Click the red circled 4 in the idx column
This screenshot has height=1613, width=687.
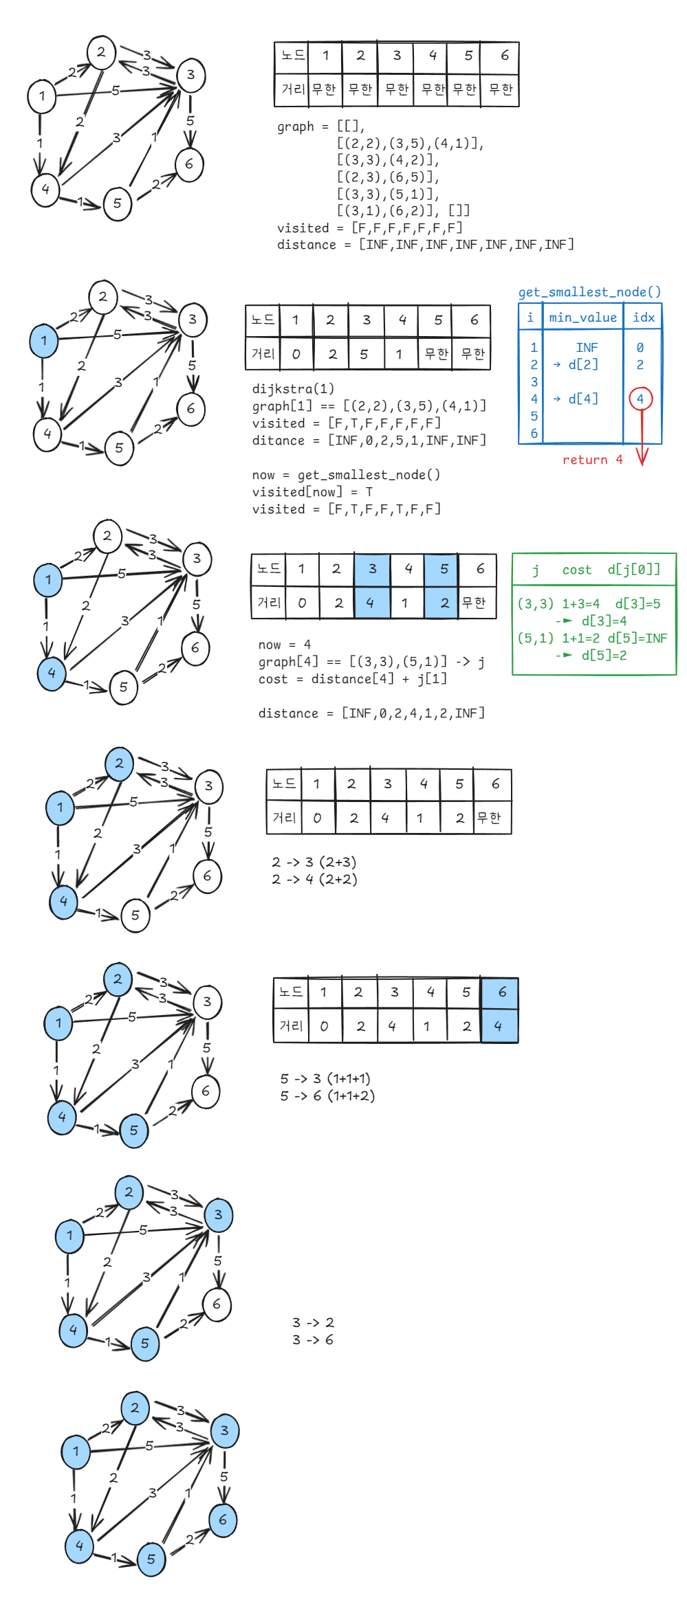[640, 399]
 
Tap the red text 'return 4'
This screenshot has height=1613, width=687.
[592, 460]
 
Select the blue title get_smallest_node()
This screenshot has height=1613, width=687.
[589, 292]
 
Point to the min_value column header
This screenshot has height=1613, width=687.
[582, 318]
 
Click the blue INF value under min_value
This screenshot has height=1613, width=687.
[587, 348]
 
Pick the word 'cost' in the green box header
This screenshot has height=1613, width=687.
[576, 570]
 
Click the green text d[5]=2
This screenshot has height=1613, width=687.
[604, 656]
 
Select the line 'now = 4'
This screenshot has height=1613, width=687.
[284, 645]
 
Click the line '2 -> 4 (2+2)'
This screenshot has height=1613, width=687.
[314, 879]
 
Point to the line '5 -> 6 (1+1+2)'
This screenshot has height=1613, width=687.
[327, 1095]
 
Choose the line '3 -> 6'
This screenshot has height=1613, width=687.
[313, 1339]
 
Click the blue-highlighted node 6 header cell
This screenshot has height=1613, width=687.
[501, 992]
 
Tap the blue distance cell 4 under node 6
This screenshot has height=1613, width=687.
[499, 1026]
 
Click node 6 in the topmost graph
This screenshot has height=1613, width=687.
[189, 164]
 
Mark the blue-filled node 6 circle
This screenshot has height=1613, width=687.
[223, 1520]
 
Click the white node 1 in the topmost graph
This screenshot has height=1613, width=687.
[42, 96]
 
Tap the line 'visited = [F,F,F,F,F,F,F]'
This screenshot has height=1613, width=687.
[370, 227]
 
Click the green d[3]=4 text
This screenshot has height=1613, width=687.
[604, 621]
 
